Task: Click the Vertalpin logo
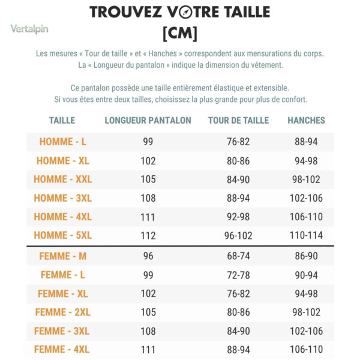pyautogui.click(x=29, y=29)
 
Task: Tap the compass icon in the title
pyautogui.click(x=185, y=12)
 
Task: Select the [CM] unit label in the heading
pyautogui.click(x=180, y=34)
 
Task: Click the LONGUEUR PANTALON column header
pyautogui.click(x=148, y=121)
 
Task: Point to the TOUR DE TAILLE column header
pyautogui.click(x=239, y=121)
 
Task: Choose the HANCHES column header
pyautogui.click(x=306, y=121)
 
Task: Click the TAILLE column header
pyautogui.click(x=62, y=121)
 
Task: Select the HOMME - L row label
pyautogui.click(x=63, y=142)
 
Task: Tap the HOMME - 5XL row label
pyautogui.click(x=63, y=235)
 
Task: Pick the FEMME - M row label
pyautogui.click(x=63, y=256)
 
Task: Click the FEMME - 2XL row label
pyautogui.click(x=63, y=312)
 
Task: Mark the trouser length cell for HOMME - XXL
pyautogui.click(x=148, y=179)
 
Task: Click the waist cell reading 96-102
pyautogui.click(x=238, y=236)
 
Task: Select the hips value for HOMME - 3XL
pyautogui.click(x=306, y=198)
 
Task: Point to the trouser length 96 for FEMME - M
pyautogui.click(x=148, y=256)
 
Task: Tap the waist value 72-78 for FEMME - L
pyautogui.click(x=238, y=275)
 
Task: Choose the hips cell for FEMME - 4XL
pyautogui.click(x=306, y=349)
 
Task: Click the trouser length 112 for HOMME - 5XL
pyautogui.click(x=148, y=236)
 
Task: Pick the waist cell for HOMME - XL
pyautogui.click(x=238, y=161)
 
